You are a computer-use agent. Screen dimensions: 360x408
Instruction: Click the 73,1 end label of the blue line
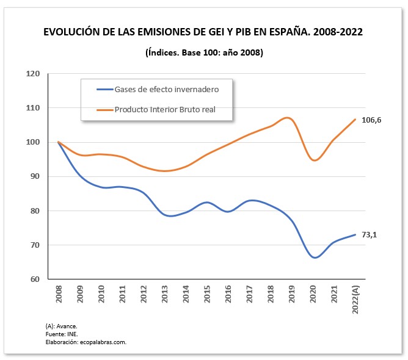pyautogui.click(x=368, y=235)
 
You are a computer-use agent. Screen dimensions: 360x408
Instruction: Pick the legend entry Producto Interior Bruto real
pyautogui.click(x=165, y=110)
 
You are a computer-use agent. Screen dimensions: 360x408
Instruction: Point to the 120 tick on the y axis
pyautogui.click(x=32, y=74)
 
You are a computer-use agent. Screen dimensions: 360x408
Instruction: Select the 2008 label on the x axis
pyautogui.click(x=59, y=296)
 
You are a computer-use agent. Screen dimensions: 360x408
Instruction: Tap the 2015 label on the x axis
pyautogui.click(x=207, y=296)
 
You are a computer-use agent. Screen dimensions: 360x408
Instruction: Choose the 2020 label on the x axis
pyautogui.click(x=313, y=296)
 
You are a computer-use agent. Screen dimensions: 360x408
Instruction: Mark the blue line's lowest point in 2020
pyautogui.click(x=315, y=257)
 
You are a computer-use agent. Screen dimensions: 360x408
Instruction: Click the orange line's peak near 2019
pyautogui.click(x=289, y=118)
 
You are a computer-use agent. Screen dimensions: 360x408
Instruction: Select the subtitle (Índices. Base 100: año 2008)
pyautogui.click(x=204, y=52)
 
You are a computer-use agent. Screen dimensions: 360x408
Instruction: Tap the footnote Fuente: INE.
pyautogui.click(x=62, y=334)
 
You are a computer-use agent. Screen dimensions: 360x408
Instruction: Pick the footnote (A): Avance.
pyautogui.click(x=62, y=326)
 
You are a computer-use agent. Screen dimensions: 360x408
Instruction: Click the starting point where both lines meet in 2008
pyautogui.click(x=58, y=142)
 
